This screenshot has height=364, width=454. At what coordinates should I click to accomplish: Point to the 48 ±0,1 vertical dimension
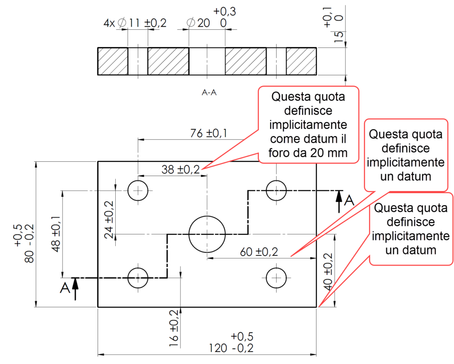tap(56, 234)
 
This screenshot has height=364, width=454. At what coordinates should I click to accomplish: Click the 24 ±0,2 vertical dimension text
tap(109, 219)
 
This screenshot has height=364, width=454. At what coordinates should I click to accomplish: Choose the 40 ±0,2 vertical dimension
tap(328, 271)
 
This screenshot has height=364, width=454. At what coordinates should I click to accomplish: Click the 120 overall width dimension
tap(231, 348)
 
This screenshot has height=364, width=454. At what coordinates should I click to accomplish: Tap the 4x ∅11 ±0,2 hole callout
tap(135, 23)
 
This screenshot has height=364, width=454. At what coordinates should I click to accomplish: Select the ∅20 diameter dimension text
tap(199, 23)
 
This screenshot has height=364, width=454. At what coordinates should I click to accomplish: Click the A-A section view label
tap(209, 93)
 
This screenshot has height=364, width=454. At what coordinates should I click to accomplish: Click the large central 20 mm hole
tap(207, 234)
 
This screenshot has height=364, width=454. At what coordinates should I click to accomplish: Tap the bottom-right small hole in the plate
tap(277, 278)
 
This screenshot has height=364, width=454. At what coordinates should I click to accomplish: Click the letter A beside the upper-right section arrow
tap(349, 200)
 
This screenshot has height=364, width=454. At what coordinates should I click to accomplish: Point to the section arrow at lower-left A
tap(75, 288)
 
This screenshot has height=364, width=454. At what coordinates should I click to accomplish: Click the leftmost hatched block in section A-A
tap(113, 61)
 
